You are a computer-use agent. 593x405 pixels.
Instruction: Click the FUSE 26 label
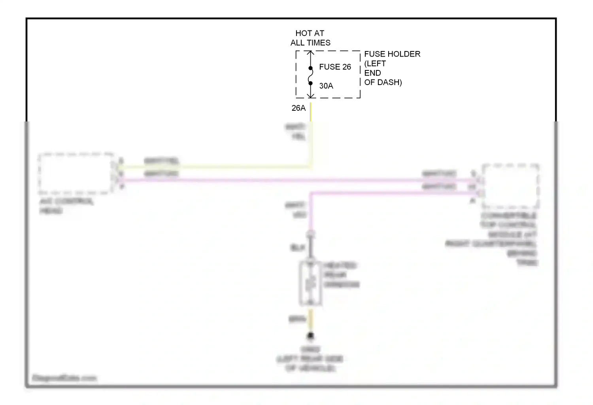point(335,67)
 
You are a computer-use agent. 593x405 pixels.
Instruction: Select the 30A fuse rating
point(326,86)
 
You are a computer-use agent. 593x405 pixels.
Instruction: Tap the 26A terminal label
point(298,108)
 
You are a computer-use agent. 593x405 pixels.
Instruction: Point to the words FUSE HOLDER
point(392,54)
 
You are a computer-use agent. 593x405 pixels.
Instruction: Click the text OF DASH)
point(383,82)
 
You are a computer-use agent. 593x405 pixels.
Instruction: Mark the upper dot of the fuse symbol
point(311,68)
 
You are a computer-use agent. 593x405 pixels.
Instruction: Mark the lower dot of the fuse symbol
point(311,83)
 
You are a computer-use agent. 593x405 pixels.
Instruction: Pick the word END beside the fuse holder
point(372,73)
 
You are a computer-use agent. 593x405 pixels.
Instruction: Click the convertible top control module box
point(510,186)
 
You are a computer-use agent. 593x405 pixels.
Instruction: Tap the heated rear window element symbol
point(311,284)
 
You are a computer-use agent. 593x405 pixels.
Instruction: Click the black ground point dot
point(311,336)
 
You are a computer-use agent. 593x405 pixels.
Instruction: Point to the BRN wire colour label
point(297,319)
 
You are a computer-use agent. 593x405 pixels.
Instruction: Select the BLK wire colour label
point(297,248)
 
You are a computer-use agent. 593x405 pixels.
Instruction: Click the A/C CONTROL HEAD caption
point(66,206)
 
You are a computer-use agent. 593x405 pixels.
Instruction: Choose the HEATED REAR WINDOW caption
point(341,275)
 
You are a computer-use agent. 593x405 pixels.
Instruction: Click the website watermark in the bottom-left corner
point(64,378)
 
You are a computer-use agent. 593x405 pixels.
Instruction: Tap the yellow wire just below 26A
point(311,113)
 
